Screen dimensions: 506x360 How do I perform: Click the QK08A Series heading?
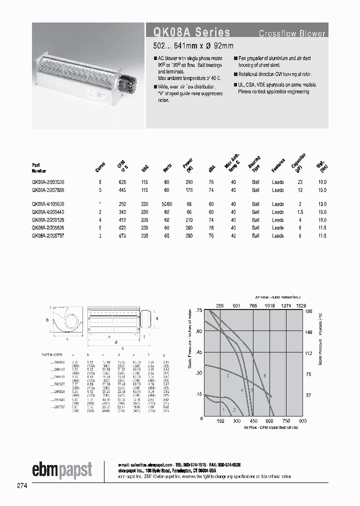(188, 32)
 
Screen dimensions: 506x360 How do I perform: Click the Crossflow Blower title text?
(291, 34)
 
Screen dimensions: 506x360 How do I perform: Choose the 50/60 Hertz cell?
(166, 204)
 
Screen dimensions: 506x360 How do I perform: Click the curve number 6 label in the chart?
(265, 375)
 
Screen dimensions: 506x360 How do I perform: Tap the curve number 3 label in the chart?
(227, 375)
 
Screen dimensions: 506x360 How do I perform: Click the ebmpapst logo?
(62, 469)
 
